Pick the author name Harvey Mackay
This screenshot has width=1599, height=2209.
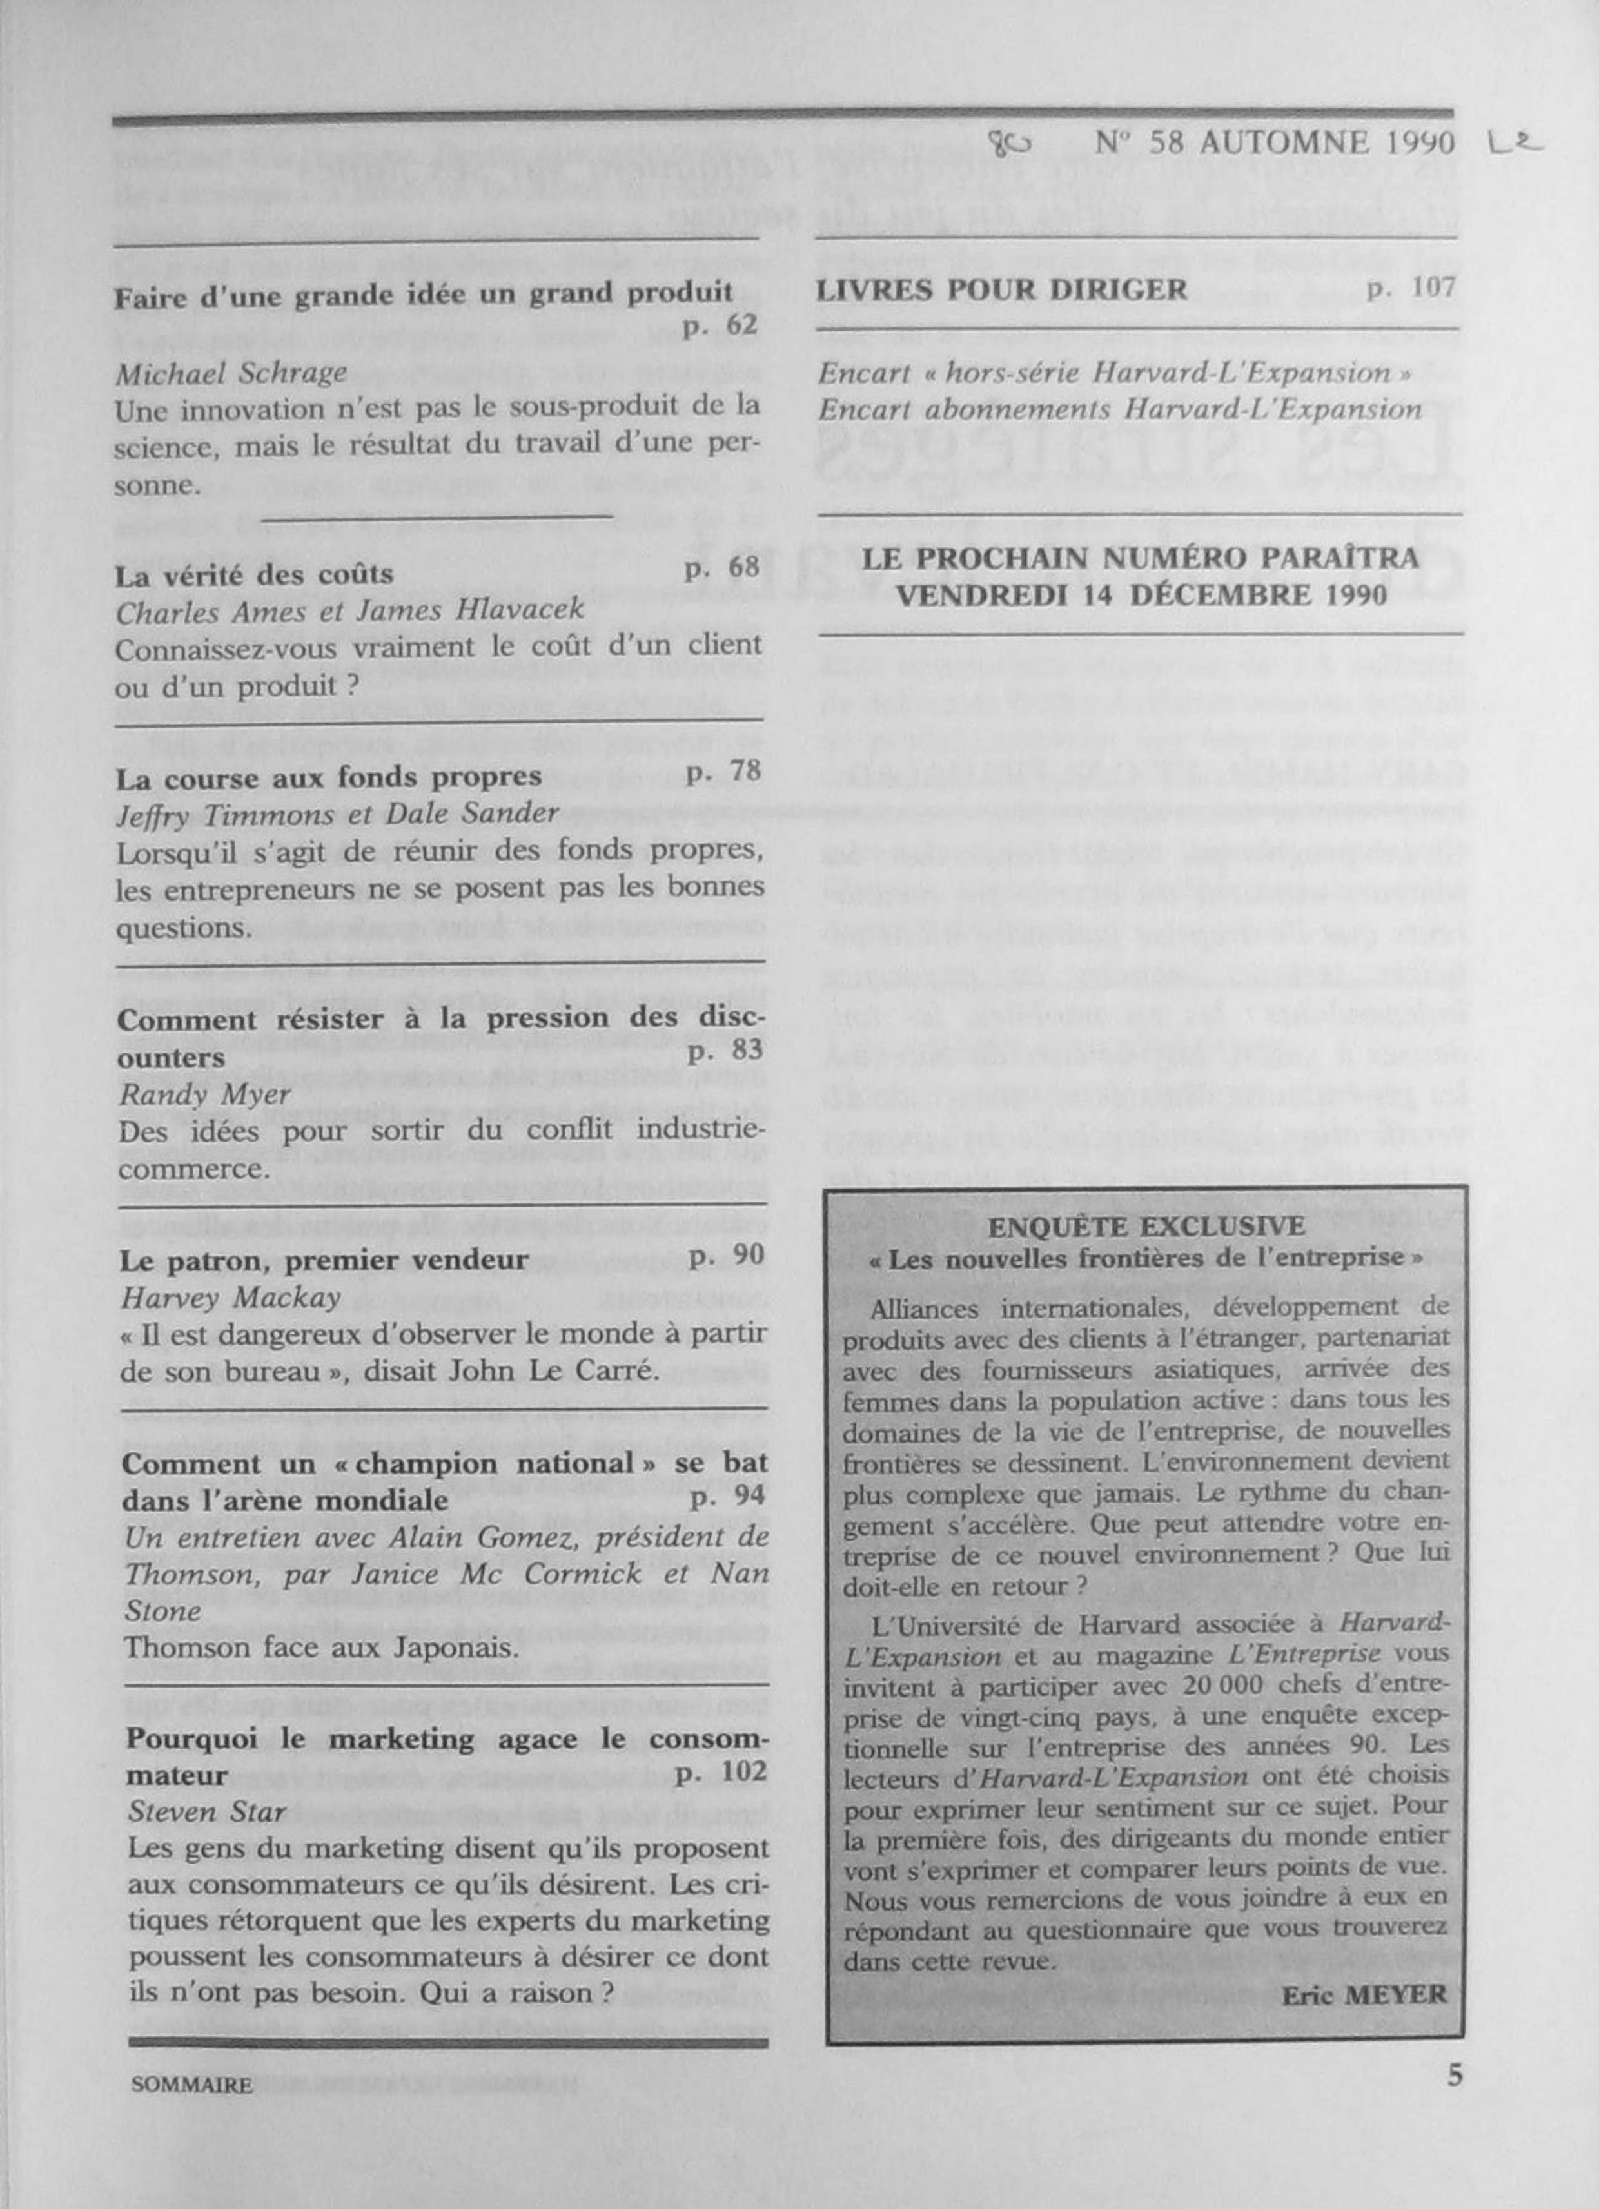230,1298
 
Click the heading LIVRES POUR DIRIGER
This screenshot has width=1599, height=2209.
1002,289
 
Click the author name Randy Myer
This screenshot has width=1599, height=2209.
204,1095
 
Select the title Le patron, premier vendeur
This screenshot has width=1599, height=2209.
324,1260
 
